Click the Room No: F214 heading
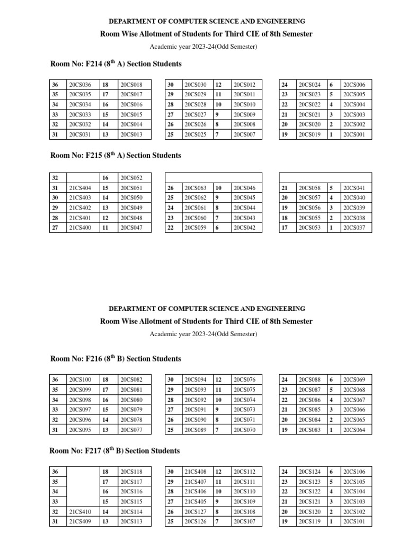pyautogui.click(x=116, y=64)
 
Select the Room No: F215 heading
pyautogui.click(x=116, y=156)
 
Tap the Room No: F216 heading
pyautogui.click(x=116, y=359)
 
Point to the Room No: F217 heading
pyautogui.click(x=114, y=451)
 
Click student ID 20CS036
pyautogui.click(x=80, y=85)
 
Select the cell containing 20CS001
pyautogui.click(x=354, y=135)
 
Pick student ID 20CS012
pyautogui.click(x=244, y=85)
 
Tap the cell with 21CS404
pyautogui.click(x=80, y=188)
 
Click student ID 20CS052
pyautogui.click(x=131, y=178)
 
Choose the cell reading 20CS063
pyautogui.click(x=195, y=188)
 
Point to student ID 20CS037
pyautogui.click(x=354, y=228)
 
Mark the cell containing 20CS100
pyautogui.click(x=80, y=380)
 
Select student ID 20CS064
pyautogui.click(x=354, y=430)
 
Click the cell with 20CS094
pyautogui.click(x=195, y=380)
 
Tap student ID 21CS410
pyautogui.click(x=80, y=512)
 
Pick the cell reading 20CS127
pyautogui.click(x=195, y=512)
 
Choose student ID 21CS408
pyautogui.click(x=195, y=472)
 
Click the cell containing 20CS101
pyautogui.click(x=354, y=522)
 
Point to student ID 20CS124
pyautogui.click(x=309, y=472)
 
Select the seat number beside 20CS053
pyautogui.click(x=285, y=228)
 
